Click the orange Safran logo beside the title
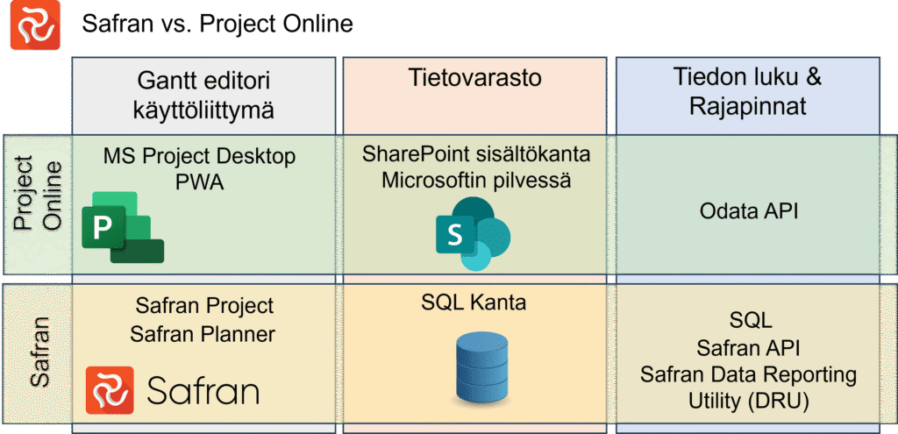tap(34, 25)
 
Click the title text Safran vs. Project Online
tap(217, 25)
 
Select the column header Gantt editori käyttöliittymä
tap(203, 96)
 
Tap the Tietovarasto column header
tap(474, 78)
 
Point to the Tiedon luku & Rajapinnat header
tap(747, 96)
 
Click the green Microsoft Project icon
tap(122, 227)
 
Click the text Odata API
tap(748, 210)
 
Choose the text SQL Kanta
tap(474, 304)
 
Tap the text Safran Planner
tap(203, 333)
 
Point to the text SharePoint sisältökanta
tap(474, 155)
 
